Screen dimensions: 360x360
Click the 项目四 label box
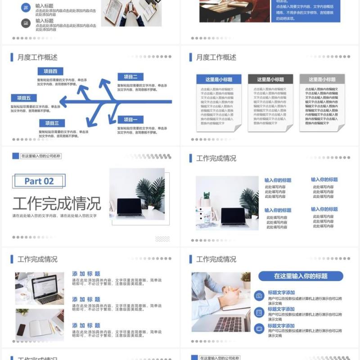(x=50, y=71)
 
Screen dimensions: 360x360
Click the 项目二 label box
(x=130, y=76)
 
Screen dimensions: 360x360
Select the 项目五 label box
(x=24, y=98)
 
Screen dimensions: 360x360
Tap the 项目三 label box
(x=52, y=123)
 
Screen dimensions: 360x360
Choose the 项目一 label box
(x=130, y=119)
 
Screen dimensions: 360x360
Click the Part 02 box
(x=39, y=181)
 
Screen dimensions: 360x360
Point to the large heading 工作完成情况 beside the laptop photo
(x=57, y=203)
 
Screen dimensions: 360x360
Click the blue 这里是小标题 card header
(x=219, y=79)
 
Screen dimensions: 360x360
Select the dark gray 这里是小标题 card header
(x=270, y=79)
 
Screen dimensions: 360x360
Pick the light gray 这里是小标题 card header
(x=322, y=79)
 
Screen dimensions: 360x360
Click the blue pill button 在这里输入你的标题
(x=301, y=276)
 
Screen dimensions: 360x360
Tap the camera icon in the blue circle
(x=259, y=296)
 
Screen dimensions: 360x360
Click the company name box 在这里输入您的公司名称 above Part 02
(x=40, y=156)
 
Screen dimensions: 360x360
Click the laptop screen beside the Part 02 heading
(x=130, y=207)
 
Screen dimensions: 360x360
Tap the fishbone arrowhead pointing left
(x=63, y=102)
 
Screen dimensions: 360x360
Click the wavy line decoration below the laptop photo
(x=162, y=238)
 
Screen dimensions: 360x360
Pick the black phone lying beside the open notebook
(x=21, y=330)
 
